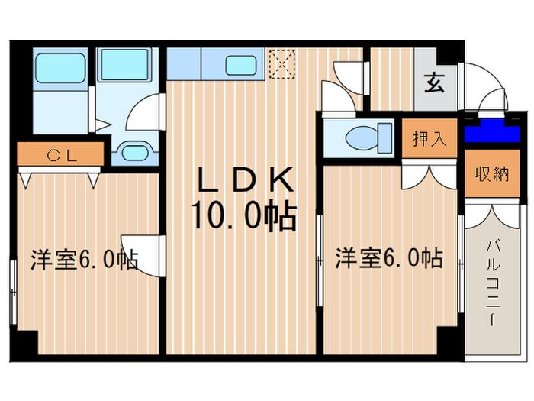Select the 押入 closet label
(x=429, y=140)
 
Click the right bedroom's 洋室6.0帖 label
(x=388, y=258)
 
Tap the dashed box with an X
(x=284, y=63)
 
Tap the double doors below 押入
(x=429, y=175)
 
